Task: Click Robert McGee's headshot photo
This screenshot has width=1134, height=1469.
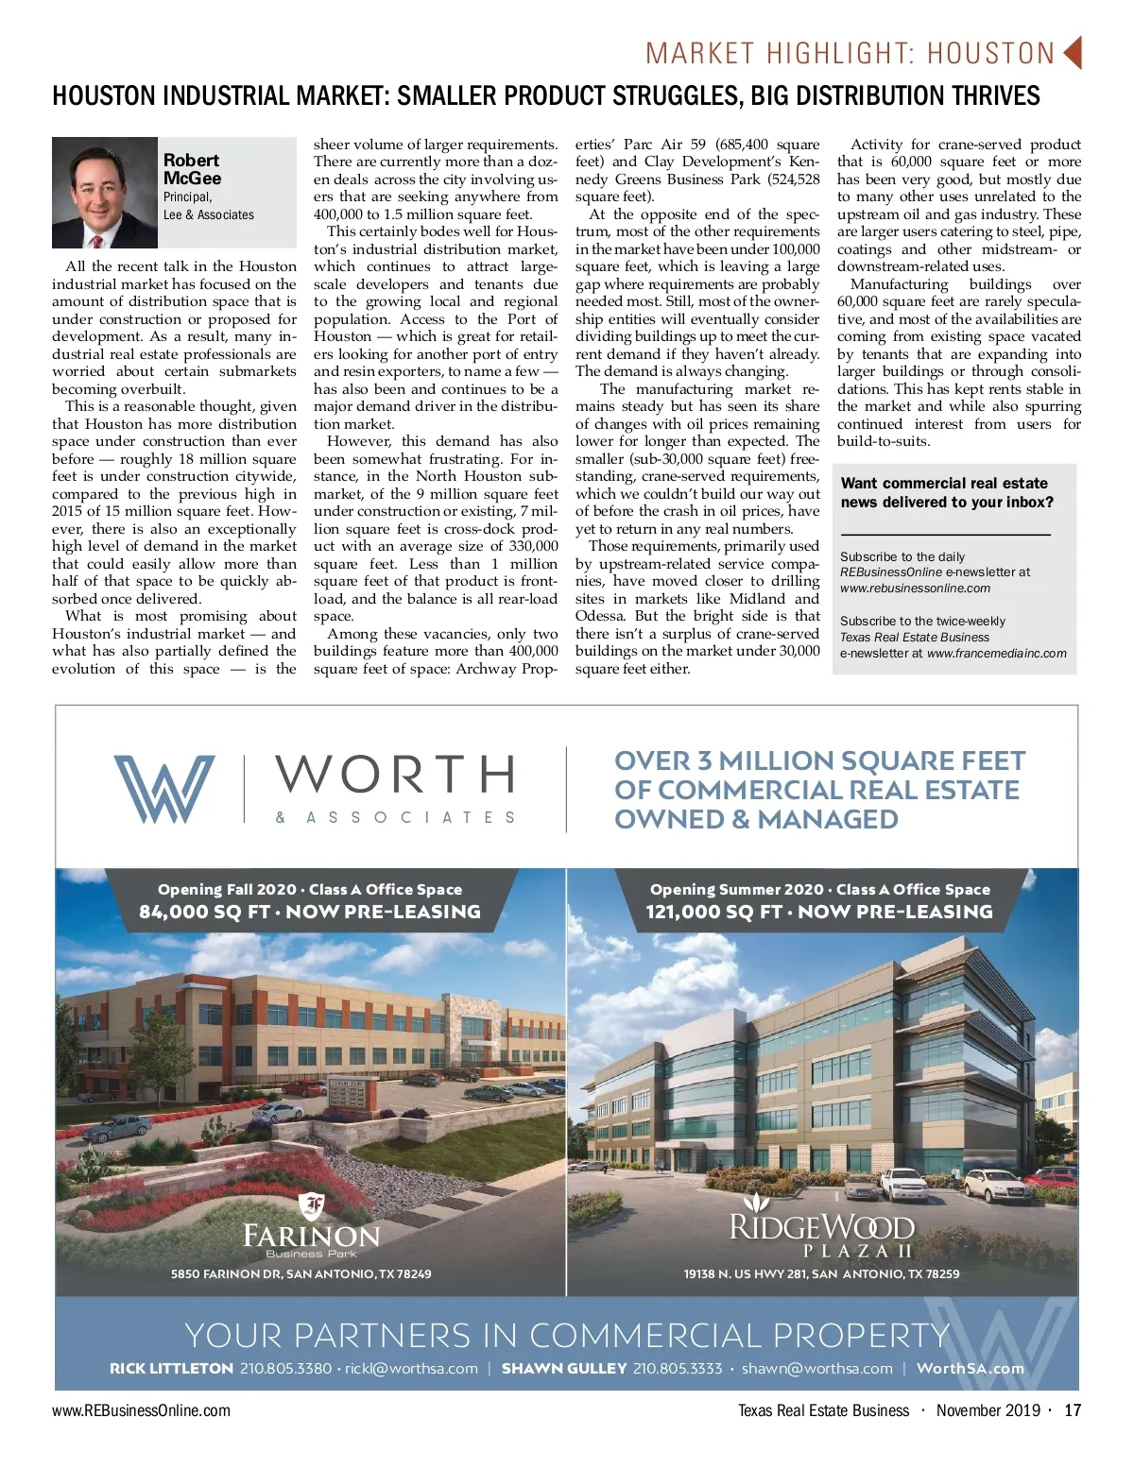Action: (104, 193)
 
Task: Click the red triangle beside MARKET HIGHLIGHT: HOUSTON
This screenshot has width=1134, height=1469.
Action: (1072, 53)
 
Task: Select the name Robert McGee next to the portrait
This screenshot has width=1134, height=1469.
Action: (192, 169)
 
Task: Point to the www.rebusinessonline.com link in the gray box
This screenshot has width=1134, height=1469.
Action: (915, 588)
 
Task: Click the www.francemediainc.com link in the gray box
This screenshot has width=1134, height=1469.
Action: (996, 653)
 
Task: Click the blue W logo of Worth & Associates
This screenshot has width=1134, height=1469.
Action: (163, 788)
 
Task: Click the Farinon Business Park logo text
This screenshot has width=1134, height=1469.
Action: (311, 1236)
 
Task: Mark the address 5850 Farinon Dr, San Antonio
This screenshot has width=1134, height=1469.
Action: (301, 1273)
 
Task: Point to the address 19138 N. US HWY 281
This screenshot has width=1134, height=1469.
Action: (821, 1273)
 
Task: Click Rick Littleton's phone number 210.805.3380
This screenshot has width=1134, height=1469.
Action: (285, 1368)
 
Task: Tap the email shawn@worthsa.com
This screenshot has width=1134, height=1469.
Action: (816, 1368)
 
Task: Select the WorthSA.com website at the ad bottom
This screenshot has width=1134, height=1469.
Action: (970, 1368)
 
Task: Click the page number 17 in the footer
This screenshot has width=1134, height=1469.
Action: (1072, 1410)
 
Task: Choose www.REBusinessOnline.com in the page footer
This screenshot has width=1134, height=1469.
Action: (141, 1410)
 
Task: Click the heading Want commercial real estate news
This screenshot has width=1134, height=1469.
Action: (946, 492)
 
